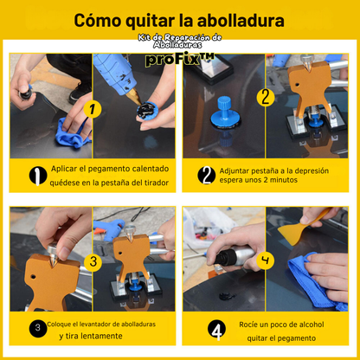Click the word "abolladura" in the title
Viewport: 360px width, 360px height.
(x=241, y=20)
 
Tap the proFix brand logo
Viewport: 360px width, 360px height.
(x=180, y=59)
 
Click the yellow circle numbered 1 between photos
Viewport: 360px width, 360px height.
(x=93, y=109)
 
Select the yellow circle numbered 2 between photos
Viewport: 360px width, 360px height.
(x=265, y=97)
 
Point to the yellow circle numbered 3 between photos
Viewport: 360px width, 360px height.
(x=93, y=262)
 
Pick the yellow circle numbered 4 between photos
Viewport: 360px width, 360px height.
(x=265, y=260)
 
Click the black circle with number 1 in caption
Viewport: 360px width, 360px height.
(x=38, y=176)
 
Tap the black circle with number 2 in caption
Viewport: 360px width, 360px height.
(x=206, y=175)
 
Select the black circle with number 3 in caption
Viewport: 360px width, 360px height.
(x=38, y=328)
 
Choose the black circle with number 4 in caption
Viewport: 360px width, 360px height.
(x=216, y=329)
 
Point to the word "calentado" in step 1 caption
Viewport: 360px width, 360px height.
(x=151, y=169)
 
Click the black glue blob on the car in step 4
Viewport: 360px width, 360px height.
(x=228, y=296)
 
